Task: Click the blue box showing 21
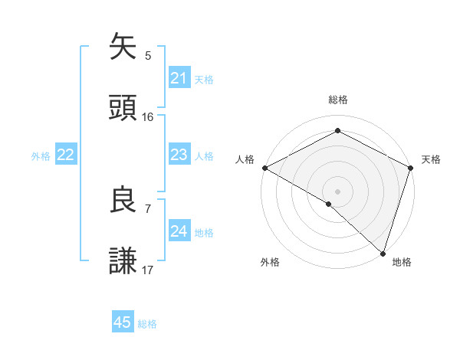point(179,78)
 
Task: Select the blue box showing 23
point(179,155)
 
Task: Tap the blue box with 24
point(179,231)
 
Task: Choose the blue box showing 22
point(65,155)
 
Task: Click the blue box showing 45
point(123,322)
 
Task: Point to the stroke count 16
point(148,117)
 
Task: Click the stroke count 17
point(148,270)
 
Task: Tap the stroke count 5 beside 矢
point(148,55)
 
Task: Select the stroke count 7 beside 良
point(148,208)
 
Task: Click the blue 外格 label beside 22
point(41,155)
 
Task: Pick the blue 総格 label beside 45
point(147,323)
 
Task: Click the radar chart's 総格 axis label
point(338,100)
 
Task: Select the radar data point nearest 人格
point(264,168)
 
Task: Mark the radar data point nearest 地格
point(383,253)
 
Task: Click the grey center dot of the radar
point(338,191)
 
